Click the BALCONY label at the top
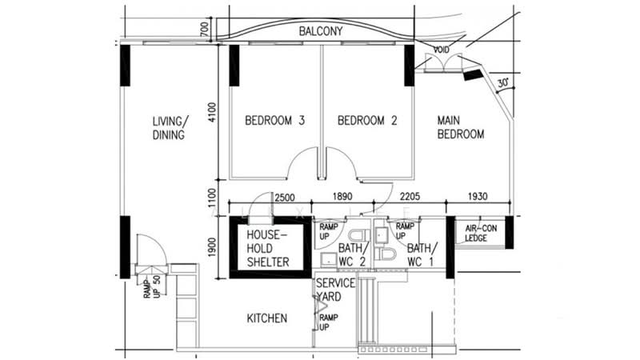point(321,31)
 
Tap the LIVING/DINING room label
point(170,128)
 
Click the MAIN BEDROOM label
point(460,127)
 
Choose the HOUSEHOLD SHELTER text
point(267,249)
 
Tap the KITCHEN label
point(266,318)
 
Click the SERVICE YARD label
point(336,290)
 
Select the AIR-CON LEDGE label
point(482,232)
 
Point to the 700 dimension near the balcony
point(205,29)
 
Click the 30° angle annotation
point(502,82)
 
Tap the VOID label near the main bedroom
point(441,50)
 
